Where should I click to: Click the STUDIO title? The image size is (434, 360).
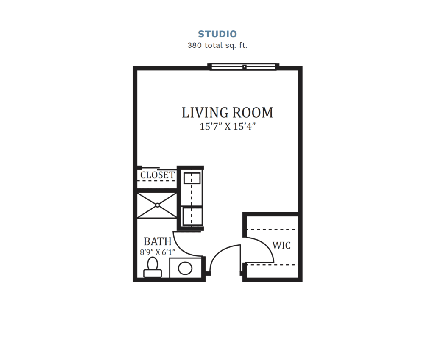217,34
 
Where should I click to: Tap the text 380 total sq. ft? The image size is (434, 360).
217,45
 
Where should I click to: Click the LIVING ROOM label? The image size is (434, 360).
227,113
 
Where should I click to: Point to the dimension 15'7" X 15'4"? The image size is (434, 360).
227,127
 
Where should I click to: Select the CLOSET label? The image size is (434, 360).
157,175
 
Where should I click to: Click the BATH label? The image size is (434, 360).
157,241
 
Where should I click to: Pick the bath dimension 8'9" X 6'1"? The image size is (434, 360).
157,252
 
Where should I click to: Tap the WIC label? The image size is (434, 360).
281,245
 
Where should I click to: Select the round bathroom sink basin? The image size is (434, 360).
185,268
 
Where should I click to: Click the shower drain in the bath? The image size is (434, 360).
157,205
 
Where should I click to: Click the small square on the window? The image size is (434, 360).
245,66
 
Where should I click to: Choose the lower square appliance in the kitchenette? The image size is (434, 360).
192,216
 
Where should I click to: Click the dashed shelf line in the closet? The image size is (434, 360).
157,181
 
